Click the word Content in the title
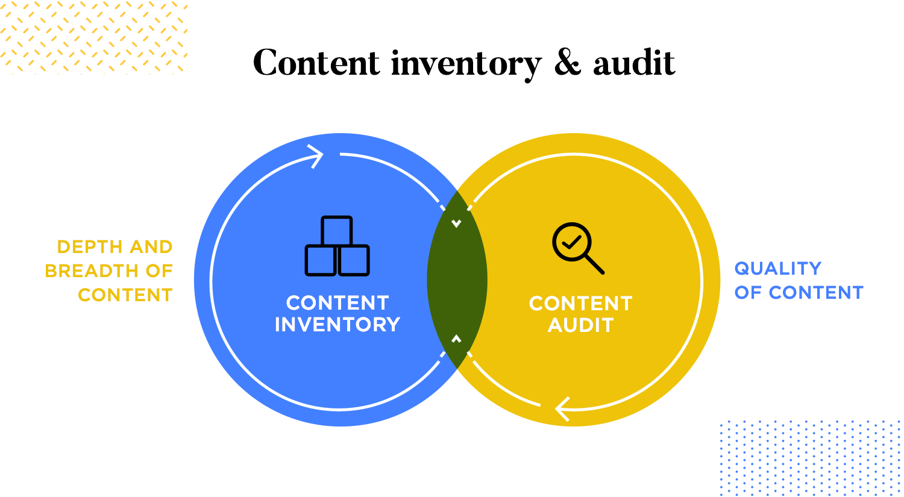pos(316,63)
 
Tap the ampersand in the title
pos(567,63)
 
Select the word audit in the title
pos(634,63)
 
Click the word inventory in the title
pos(466,64)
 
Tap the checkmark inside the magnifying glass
pos(571,242)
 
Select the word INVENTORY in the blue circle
pos(337,325)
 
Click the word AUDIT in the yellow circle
pos(580,325)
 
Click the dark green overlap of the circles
pos(457,280)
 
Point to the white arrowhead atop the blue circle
pos(316,156)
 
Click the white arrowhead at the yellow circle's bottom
pos(562,408)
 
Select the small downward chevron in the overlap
pos(456,224)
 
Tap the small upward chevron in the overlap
pos(456,339)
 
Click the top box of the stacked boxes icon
pos(337,231)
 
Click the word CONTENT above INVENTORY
pos(337,302)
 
